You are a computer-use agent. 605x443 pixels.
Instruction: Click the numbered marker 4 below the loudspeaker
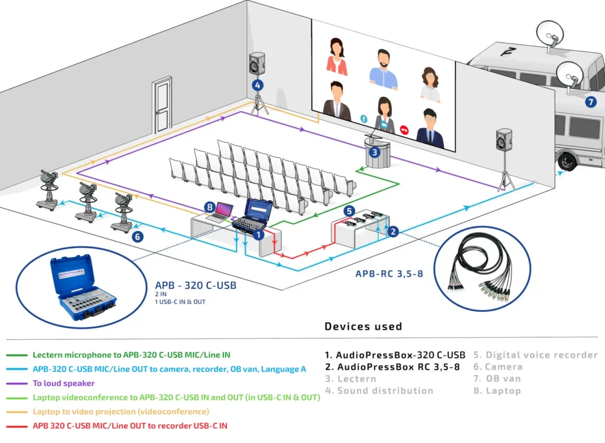click(257, 85)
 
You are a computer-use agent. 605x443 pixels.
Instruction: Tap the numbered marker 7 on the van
click(590, 102)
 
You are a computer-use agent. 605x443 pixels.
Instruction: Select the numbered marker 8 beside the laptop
click(209, 207)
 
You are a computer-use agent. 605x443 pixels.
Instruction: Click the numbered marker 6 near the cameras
click(137, 237)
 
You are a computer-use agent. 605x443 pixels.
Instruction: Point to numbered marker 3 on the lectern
click(374, 152)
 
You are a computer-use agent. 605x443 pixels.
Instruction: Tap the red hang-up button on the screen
click(405, 130)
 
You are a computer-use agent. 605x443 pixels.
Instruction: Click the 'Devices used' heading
click(363, 326)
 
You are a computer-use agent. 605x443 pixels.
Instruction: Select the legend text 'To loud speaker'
click(63, 383)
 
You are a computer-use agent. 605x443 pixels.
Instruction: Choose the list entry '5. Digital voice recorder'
click(535, 355)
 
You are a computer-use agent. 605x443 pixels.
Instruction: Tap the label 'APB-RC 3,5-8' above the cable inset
click(389, 273)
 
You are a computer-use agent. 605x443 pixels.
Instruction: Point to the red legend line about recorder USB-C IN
click(129, 425)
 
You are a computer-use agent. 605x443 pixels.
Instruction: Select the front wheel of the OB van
click(567, 161)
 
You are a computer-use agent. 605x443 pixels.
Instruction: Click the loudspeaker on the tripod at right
click(504, 140)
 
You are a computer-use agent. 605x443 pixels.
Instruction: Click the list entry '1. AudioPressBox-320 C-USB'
click(395, 355)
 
